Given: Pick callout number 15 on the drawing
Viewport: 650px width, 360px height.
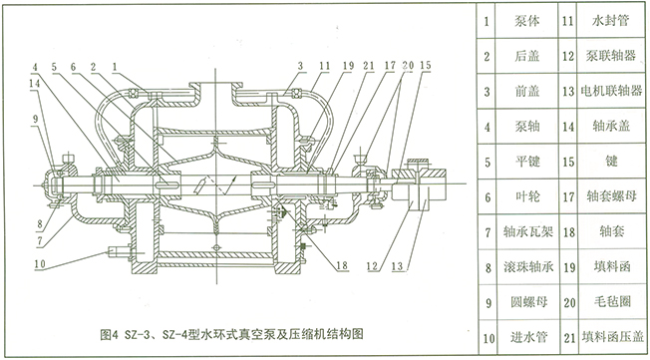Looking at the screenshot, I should [x=425, y=66].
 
